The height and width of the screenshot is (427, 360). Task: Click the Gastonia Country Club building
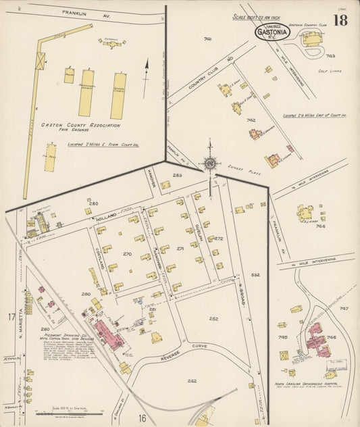tap(311, 39)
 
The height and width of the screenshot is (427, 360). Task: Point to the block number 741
tap(207, 39)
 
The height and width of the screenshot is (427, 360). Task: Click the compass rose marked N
tap(210, 162)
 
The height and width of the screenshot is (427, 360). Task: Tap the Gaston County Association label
tap(72, 125)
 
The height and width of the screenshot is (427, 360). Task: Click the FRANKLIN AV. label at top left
tap(76, 12)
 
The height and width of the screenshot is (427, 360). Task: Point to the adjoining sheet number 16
tap(143, 418)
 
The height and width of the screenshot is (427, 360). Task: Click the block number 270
tap(126, 254)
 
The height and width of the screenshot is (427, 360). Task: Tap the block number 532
tap(255, 275)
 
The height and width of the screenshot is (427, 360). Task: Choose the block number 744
tap(320, 226)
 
